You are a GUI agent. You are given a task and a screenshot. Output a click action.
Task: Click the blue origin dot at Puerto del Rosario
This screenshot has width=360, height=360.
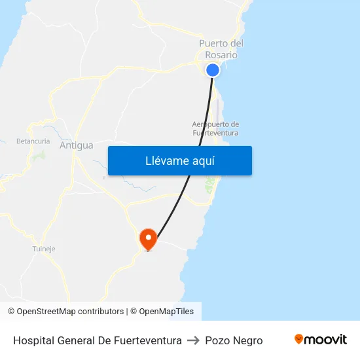213,70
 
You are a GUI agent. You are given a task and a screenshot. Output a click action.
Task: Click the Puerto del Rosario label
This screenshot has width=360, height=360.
221,49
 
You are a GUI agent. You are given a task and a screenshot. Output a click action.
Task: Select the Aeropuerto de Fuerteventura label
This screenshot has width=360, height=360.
215,128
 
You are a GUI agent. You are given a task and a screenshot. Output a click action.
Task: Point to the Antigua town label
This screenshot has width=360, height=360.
77,145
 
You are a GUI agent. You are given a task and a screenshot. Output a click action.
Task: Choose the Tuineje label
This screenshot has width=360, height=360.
44,249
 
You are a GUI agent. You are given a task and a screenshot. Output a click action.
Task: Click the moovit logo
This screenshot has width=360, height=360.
321,340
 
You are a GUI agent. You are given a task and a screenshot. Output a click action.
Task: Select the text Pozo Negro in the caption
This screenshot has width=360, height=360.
234,340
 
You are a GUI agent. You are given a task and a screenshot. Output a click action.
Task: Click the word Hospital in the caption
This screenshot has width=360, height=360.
33,340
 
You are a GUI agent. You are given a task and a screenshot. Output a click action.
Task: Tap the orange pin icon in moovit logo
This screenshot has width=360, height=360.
299,339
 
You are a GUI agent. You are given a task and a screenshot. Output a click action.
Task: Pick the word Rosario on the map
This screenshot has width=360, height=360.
221,55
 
